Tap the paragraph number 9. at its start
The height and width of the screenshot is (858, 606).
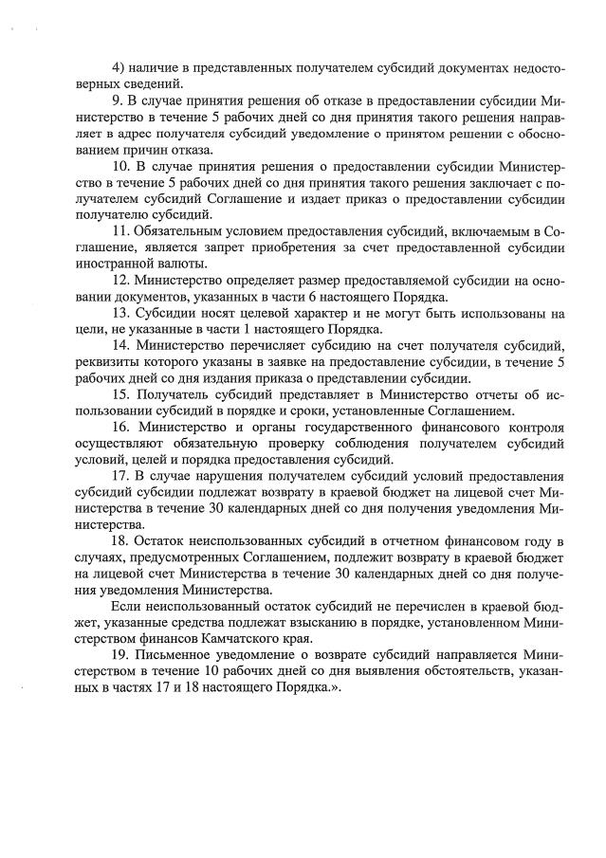pos(118,99)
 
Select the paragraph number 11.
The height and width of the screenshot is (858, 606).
pos(120,231)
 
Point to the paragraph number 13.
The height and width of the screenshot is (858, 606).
pos(120,314)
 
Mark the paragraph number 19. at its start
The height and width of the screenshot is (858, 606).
pos(120,656)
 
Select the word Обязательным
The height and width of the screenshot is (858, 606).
pos(182,231)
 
